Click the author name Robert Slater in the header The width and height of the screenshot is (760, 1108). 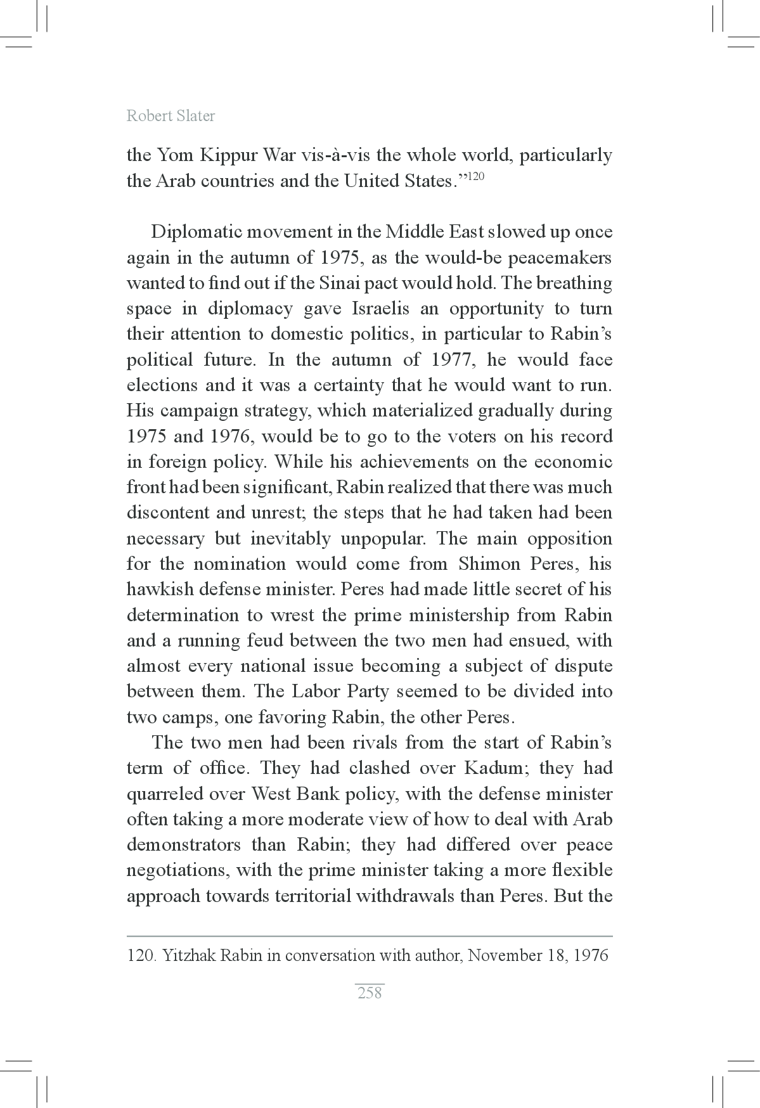click(171, 115)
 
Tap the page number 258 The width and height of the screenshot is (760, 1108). click(370, 993)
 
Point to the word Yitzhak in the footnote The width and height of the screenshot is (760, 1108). click(189, 955)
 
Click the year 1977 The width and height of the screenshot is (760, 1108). click(451, 360)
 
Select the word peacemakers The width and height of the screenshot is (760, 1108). click(560, 257)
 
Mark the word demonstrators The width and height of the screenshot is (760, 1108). click(184, 845)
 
